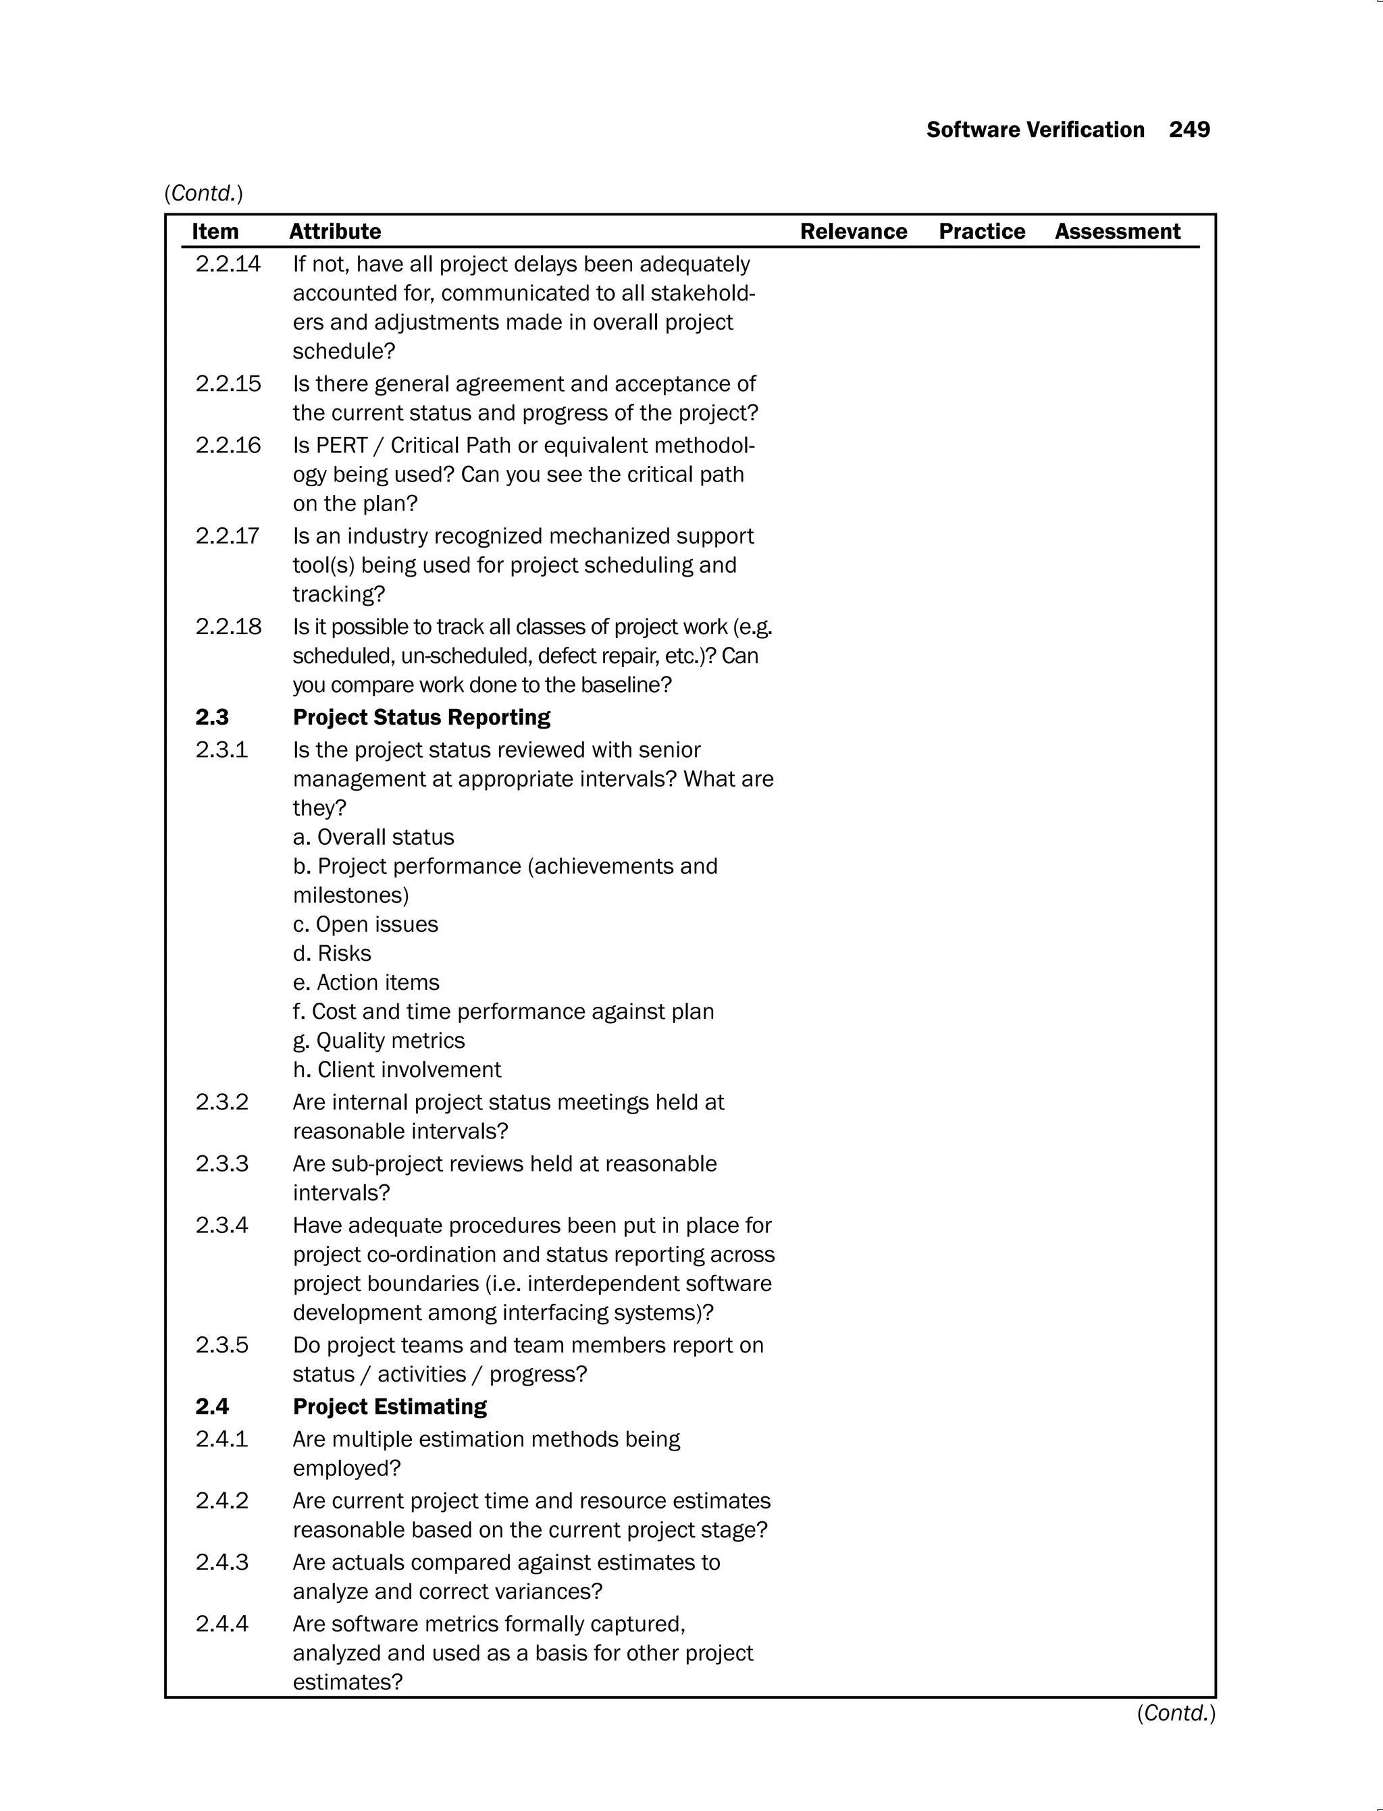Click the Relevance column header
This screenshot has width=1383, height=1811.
tap(853, 232)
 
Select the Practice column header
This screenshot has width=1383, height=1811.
tap(981, 232)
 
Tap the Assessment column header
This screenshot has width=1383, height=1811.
tap(1117, 232)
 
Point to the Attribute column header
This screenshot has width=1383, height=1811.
tap(335, 232)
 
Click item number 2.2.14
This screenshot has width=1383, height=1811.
tap(228, 264)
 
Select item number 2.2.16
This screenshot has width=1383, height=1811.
tap(228, 446)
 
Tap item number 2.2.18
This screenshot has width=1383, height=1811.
tap(228, 627)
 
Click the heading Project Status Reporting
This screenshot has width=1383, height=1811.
tap(421, 717)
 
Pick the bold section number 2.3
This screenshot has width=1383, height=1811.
tap(211, 717)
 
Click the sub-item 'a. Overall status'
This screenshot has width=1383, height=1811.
tap(373, 837)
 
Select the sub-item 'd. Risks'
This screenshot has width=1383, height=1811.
tap(332, 953)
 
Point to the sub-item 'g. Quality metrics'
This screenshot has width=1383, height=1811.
tap(379, 1041)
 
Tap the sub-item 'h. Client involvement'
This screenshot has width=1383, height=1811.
tap(397, 1070)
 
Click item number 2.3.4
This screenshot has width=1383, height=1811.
tap(221, 1225)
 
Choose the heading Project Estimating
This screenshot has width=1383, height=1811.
tap(390, 1406)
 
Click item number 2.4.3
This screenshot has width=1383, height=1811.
tap(221, 1562)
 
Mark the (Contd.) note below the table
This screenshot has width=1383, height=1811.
tap(1176, 1713)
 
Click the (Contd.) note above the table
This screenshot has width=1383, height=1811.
tap(203, 193)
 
